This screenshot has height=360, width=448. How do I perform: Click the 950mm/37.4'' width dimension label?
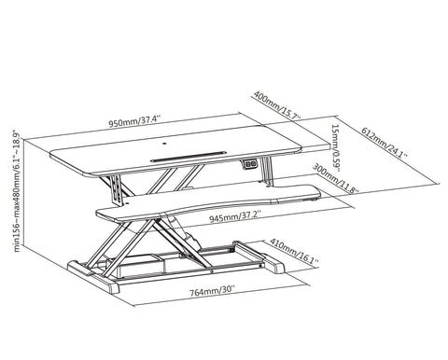tap(134, 121)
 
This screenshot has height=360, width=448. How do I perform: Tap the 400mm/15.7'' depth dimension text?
tap(277, 105)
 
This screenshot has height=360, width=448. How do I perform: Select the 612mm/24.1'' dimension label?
tap(385, 143)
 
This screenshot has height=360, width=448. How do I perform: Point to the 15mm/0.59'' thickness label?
tap(335, 148)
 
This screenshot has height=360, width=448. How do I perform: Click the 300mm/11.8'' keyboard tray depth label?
tap(336, 178)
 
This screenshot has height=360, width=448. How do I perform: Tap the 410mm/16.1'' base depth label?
tap(294, 254)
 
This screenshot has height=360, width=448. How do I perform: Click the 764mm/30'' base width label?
tap(212, 291)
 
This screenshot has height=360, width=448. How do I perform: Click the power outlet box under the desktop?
tap(249, 164)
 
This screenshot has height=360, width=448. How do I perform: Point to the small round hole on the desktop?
tap(164, 144)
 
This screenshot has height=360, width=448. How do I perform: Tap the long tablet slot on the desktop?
tap(189, 157)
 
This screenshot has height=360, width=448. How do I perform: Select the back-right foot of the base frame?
tap(274, 264)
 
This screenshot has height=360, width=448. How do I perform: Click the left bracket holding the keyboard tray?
tap(117, 190)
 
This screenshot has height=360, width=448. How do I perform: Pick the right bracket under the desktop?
tap(267, 172)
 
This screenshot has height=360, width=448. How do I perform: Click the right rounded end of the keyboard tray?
tap(315, 192)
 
